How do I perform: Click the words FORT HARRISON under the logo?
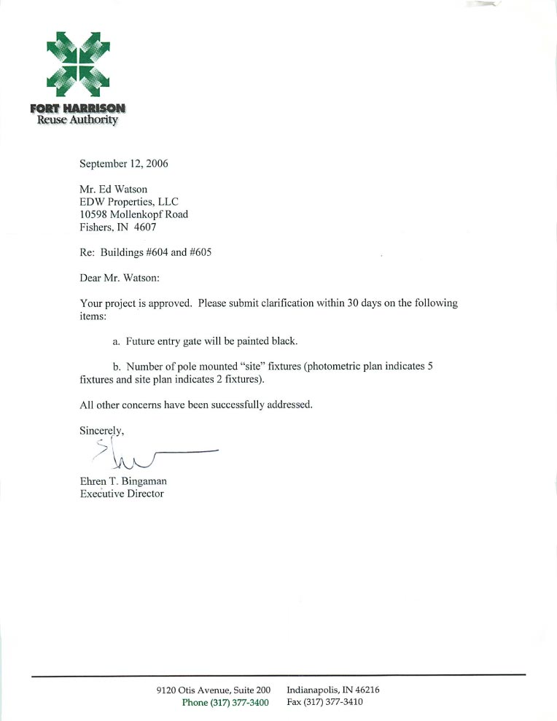point(78,109)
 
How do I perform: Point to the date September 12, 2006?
point(124,163)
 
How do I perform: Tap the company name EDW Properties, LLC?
point(129,202)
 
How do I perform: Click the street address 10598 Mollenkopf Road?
point(133,214)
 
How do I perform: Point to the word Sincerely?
point(101,430)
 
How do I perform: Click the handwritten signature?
point(146,456)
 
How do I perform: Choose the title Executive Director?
point(122,494)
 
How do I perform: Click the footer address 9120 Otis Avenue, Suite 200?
point(214,690)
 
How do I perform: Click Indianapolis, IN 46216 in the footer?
point(333,690)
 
